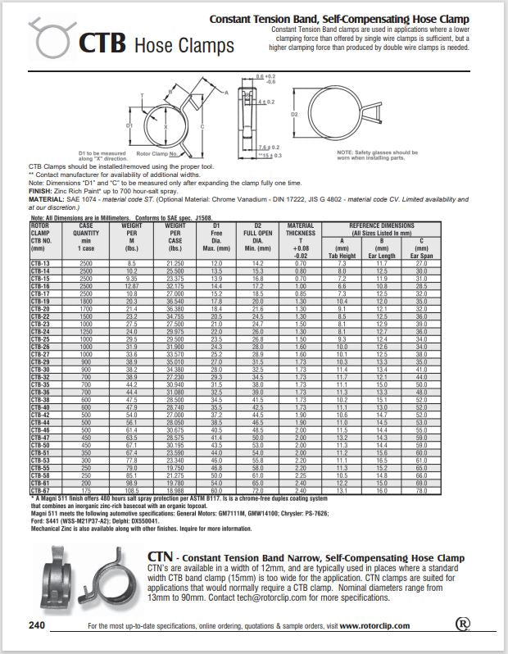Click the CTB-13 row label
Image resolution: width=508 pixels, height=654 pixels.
click(40, 262)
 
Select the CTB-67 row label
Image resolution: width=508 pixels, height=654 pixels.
click(40, 490)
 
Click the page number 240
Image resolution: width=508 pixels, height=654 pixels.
click(38, 625)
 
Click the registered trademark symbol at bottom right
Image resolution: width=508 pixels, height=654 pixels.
click(463, 624)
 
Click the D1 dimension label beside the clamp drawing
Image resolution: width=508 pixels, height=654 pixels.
click(129, 125)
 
